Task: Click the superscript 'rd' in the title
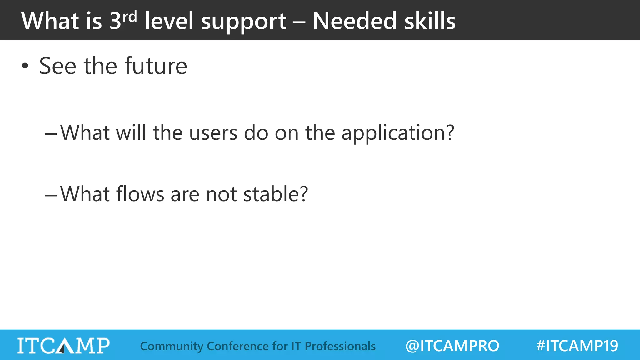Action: [130, 17]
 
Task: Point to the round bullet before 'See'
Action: [25, 66]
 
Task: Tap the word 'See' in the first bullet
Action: [58, 66]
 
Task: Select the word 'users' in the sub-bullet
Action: [213, 132]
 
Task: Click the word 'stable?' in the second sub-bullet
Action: [276, 194]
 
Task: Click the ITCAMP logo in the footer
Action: [63, 346]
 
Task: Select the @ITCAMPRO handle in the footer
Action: [452, 346]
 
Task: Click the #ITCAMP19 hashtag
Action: [577, 346]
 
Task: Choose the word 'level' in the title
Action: [169, 21]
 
